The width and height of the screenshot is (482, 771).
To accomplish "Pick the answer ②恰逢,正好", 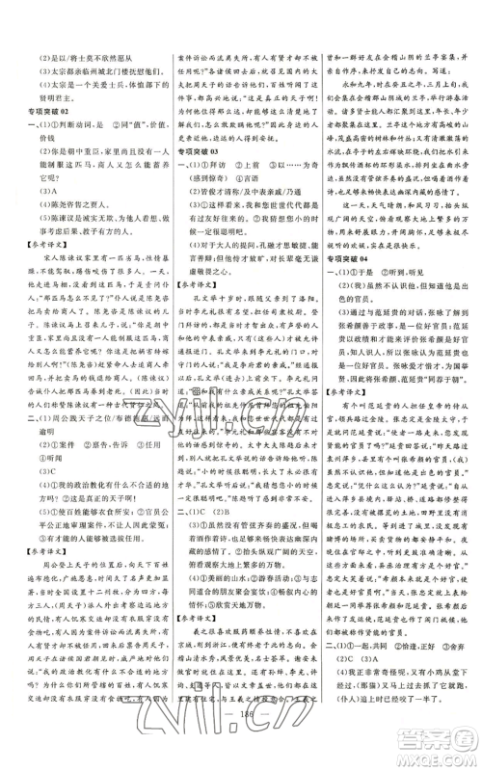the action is point(401,689).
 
